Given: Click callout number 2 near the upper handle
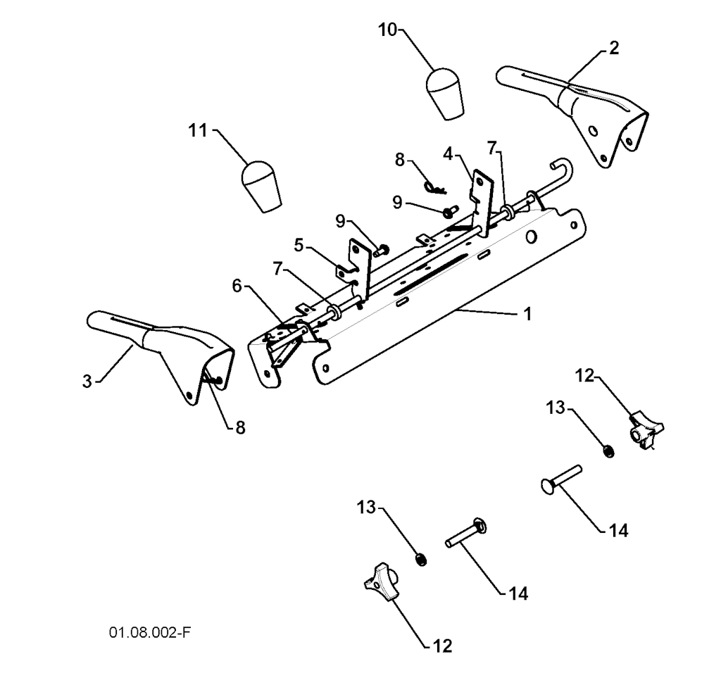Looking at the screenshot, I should (x=614, y=48).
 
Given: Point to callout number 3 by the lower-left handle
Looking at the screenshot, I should (x=87, y=381).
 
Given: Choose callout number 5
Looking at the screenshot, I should (x=299, y=245).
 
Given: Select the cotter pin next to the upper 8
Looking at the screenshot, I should (x=436, y=186).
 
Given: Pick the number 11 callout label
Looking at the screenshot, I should (x=198, y=130).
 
